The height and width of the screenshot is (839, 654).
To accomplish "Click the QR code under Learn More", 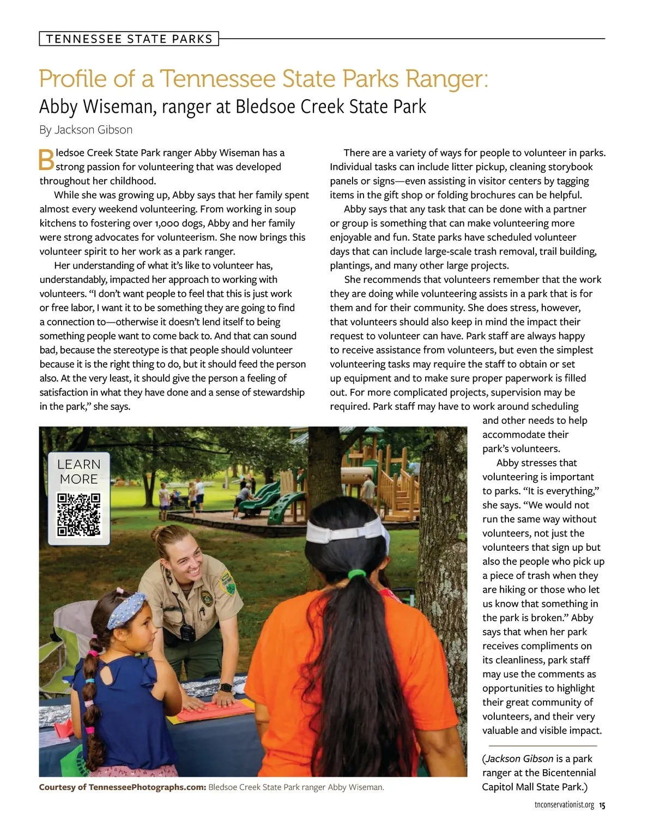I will coord(79,515).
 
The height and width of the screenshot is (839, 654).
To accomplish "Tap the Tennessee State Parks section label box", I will coord(129,39).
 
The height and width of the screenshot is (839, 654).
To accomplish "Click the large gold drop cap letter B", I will coord(46,159).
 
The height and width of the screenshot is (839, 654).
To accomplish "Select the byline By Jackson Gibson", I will coord(86,130).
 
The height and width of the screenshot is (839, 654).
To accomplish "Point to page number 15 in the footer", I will coord(602,805).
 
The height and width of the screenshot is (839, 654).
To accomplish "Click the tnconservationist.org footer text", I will coord(564,805).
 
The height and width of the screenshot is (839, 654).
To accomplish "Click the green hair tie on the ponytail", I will coord(355,574).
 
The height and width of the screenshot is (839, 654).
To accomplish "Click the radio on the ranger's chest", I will coord(187,631).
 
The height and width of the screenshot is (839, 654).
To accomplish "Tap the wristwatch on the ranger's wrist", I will coord(225,688).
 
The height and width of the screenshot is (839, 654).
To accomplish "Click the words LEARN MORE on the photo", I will coord(79,472).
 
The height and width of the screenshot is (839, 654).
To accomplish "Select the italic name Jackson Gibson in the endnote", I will coord(519,759).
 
